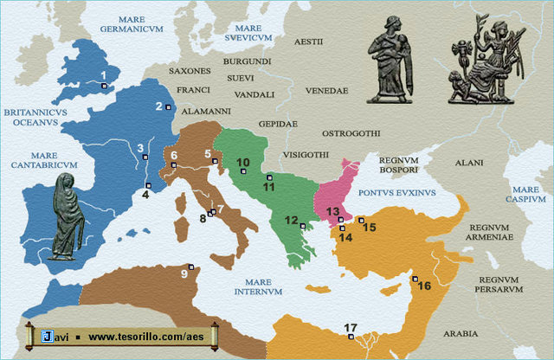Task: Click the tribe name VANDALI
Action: point(254,94)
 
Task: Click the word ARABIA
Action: point(459,333)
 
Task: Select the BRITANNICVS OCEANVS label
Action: point(31,117)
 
